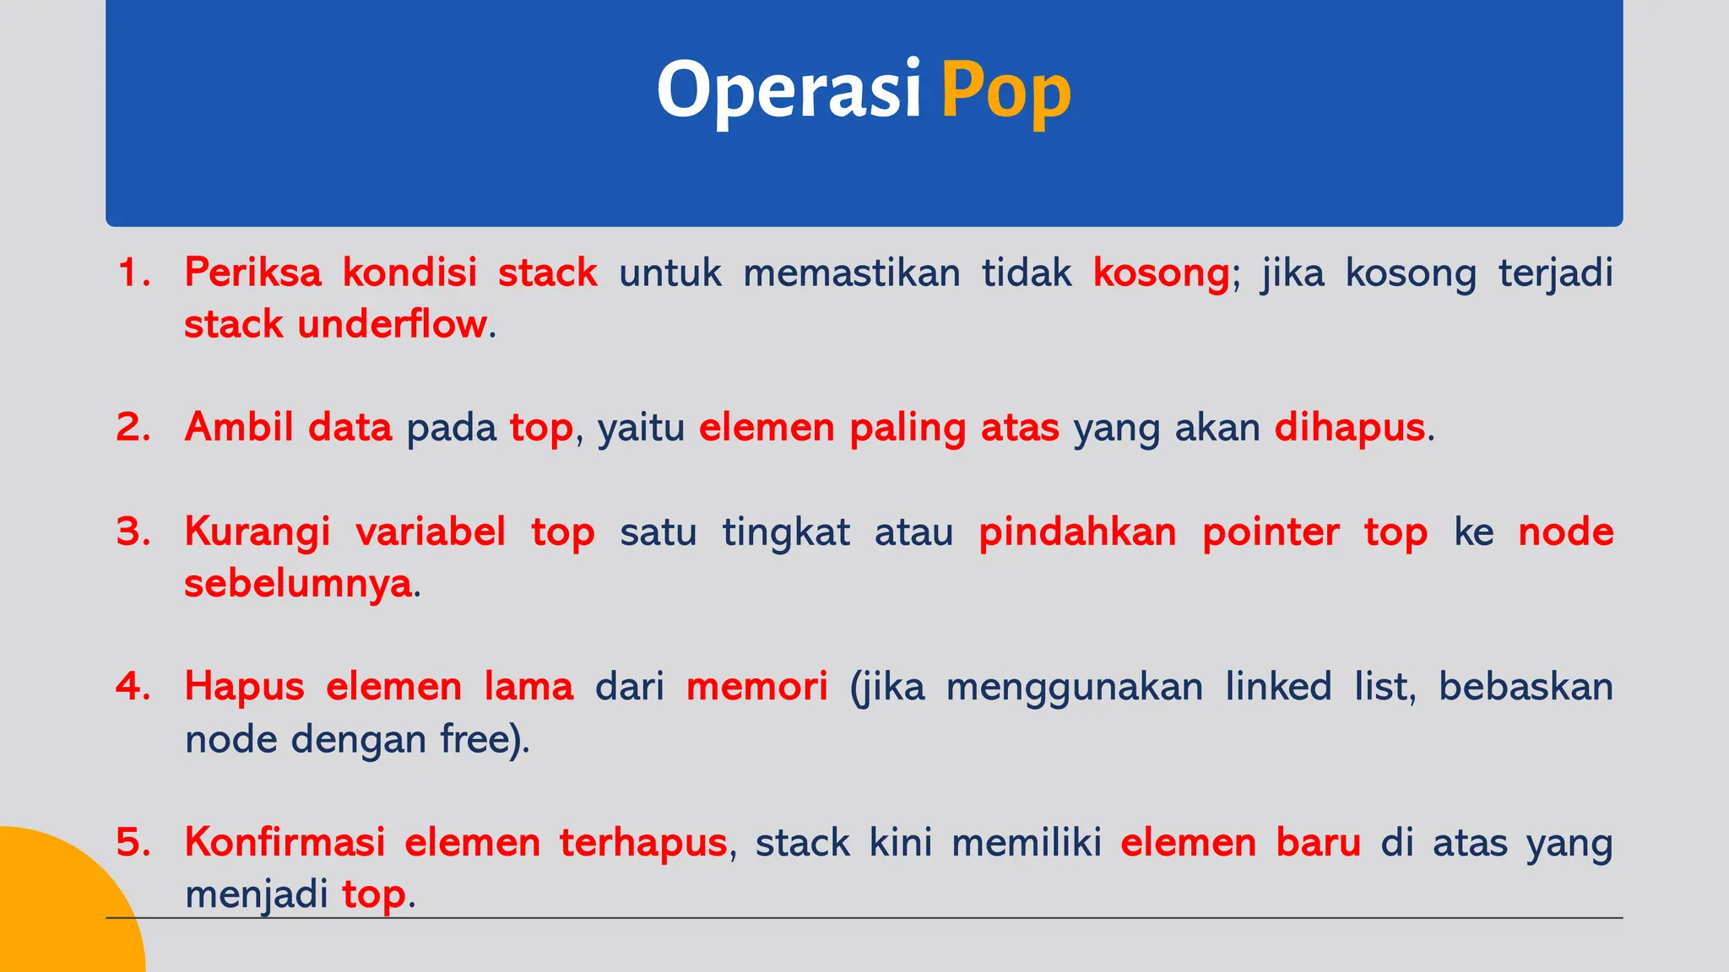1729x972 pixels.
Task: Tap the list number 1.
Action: tap(133, 273)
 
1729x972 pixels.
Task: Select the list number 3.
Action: tap(133, 532)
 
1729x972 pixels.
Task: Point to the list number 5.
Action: tap(133, 842)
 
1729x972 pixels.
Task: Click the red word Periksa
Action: tap(252, 273)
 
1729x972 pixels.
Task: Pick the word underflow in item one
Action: tap(392, 325)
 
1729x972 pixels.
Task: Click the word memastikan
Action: tap(851, 273)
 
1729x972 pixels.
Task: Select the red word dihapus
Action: tap(1349, 428)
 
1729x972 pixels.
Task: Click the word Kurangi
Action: tap(257, 532)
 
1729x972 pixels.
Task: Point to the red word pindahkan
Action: tap(1077, 532)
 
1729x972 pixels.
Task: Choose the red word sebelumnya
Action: tap(298, 584)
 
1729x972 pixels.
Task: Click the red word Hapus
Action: tap(244, 687)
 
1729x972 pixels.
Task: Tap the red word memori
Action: tap(756, 687)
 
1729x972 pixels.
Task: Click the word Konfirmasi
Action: tap(285, 842)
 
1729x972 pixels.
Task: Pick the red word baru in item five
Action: tap(1318, 842)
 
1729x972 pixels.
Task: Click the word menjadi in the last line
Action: tap(256, 894)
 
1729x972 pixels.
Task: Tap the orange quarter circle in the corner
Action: tap(59, 911)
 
